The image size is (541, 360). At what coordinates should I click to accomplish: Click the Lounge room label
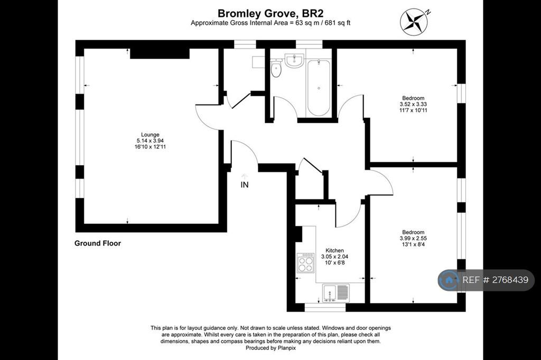pos(150,135)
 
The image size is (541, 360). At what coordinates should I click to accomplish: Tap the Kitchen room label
pos(334,250)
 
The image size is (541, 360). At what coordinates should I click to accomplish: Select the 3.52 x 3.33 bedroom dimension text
pos(413,104)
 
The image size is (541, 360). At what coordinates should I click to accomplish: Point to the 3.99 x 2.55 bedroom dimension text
pos(413,238)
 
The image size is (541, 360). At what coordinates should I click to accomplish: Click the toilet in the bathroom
pos(276,68)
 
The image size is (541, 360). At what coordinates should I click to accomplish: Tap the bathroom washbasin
pos(294,61)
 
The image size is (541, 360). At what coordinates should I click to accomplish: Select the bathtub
pos(319,88)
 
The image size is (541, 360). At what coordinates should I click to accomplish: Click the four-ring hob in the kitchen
pos(306,263)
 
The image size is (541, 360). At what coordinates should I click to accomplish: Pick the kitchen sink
pos(335,293)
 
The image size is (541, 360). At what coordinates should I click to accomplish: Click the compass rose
pos(414,21)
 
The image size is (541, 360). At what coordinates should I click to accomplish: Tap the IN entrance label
pos(244,185)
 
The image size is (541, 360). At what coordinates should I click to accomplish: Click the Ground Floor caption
pos(98,243)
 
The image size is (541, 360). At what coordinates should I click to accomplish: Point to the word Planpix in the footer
pos(287,348)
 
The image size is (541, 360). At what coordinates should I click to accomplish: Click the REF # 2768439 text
pos(495,280)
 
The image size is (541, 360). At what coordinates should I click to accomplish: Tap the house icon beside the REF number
pos(449,280)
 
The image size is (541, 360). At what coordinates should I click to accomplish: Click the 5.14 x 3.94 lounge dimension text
pos(150,141)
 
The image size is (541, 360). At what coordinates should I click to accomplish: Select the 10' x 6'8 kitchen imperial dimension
pos(334,263)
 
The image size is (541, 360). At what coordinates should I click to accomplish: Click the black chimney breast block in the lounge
pos(160,53)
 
